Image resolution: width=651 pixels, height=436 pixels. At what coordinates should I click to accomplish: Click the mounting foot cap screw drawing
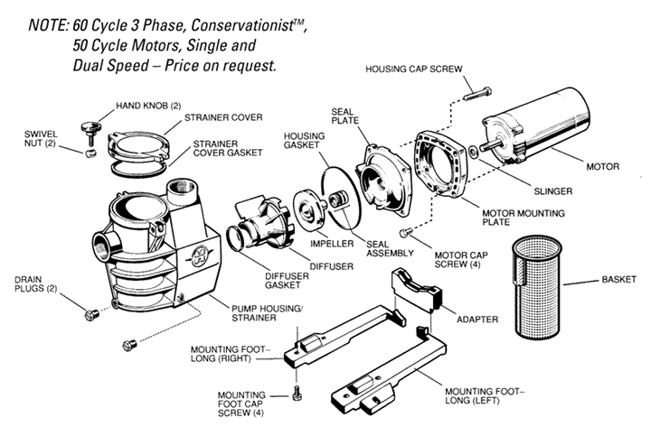(297, 394)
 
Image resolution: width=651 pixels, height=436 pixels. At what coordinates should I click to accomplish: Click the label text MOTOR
(602, 167)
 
